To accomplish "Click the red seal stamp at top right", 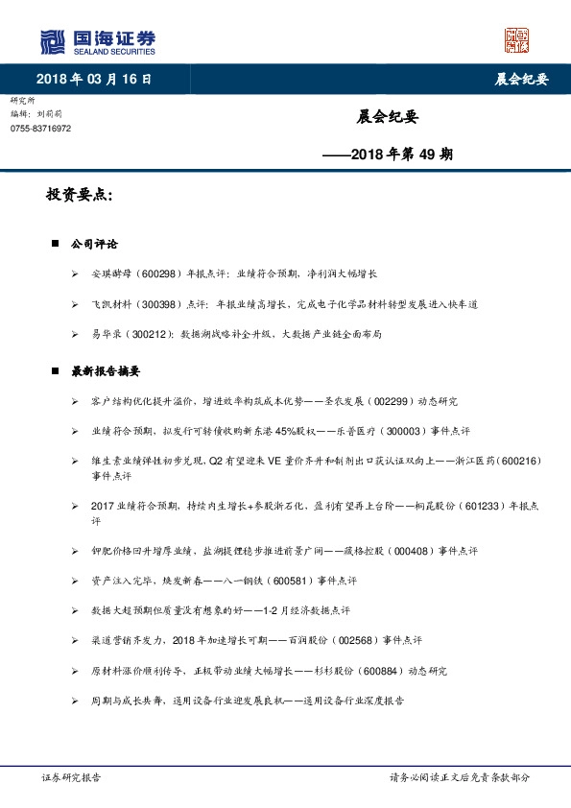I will (x=517, y=39).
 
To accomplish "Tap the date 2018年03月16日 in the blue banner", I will (x=94, y=79).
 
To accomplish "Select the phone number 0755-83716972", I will (x=41, y=128).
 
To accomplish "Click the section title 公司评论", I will (x=95, y=245).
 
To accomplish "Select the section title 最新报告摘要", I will (x=107, y=371).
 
